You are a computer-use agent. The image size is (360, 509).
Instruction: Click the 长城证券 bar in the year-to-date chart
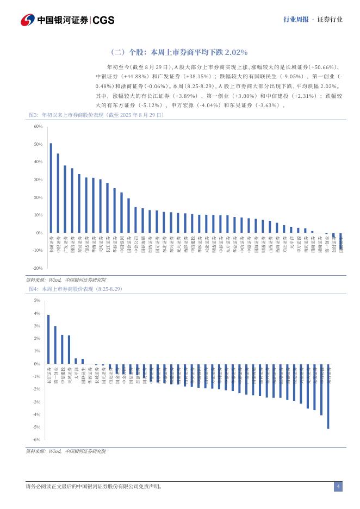click(51, 188)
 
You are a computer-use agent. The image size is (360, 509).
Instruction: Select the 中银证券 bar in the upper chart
click(58, 193)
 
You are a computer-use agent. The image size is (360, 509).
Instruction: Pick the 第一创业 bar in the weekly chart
click(55, 345)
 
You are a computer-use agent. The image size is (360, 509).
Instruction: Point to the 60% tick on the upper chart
click(38, 126)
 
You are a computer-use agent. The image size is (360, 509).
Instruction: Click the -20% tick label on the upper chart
click(38, 268)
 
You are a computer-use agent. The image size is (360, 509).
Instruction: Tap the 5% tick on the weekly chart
click(37, 300)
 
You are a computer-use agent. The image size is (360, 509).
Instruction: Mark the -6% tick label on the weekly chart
click(36, 439)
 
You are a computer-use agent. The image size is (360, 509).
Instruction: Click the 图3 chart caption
click(95, 115)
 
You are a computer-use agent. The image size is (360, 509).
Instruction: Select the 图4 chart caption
click(76, 289)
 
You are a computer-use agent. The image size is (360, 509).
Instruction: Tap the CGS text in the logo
click(103, 21)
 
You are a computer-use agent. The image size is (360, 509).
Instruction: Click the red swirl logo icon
click(28, 20)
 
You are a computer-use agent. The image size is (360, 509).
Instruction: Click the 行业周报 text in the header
click(296, 20)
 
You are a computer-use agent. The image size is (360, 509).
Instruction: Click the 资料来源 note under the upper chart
click(66, 279)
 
